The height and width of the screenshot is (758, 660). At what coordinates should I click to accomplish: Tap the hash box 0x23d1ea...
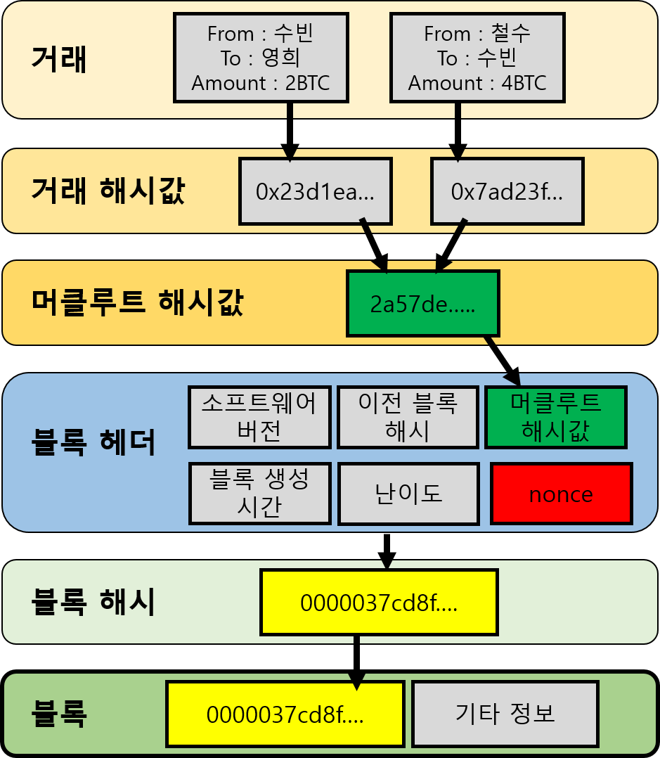315,192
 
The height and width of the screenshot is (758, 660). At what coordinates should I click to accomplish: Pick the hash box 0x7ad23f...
507,192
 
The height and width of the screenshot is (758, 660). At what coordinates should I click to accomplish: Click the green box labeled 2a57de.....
422,303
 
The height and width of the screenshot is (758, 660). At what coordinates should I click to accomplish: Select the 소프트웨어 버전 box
259,417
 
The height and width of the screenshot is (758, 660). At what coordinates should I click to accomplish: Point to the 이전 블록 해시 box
408,417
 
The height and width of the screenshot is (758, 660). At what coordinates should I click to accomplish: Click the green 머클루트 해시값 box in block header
555,417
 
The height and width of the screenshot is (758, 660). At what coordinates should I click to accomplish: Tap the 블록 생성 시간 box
259,494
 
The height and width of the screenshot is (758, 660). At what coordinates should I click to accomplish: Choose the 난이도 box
408,494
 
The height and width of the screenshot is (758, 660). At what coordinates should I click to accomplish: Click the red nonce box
561,494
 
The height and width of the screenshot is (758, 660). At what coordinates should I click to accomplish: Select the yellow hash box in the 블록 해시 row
379,603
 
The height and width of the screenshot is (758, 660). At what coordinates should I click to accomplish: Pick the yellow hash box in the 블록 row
285,714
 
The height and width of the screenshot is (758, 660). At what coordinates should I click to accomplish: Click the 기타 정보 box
505,714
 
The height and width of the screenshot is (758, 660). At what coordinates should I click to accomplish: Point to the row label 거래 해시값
108,191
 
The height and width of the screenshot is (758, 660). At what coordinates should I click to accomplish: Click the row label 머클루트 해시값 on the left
137,302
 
